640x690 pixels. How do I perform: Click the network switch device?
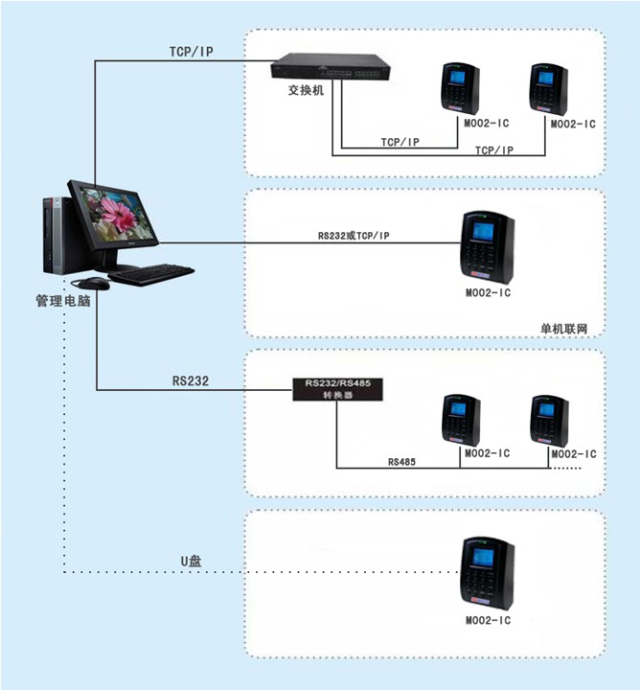(331, 66)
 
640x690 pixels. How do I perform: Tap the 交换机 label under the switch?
(307, 90)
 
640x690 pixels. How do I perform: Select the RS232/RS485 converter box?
(338, 389)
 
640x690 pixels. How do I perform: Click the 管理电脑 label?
(63, 301)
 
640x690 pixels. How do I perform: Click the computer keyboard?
(151, 274)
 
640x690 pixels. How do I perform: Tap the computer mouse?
(94, 284)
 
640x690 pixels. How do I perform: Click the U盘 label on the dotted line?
(192, 561)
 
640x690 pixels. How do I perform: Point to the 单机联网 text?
(564, 329)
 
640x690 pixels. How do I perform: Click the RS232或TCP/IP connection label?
(354, 236)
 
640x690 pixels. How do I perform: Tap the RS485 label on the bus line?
(401, 462)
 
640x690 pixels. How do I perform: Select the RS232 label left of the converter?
(191, 380)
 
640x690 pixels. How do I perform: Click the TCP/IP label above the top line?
(192, 52)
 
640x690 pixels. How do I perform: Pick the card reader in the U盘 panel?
(488, 573)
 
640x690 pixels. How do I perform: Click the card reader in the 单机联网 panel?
(488, 247)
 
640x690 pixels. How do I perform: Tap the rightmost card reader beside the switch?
(549, 90)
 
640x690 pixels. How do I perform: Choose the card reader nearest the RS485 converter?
(462, 421)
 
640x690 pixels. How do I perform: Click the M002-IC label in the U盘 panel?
(489, 620)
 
